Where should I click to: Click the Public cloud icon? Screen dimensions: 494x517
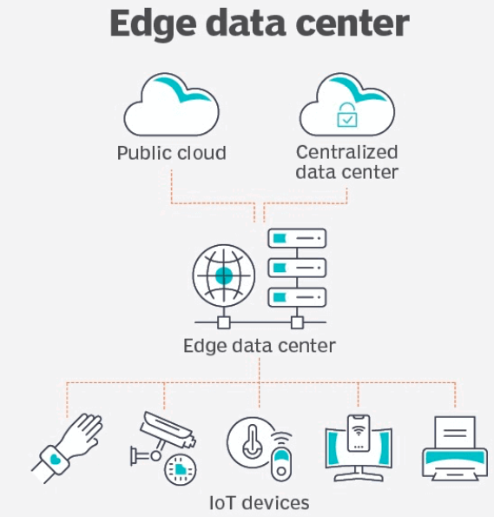[x=171, y=105]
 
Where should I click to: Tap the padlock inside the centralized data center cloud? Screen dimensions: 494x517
[x=347, y=115]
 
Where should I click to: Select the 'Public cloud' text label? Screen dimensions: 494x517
[x=172, y=153]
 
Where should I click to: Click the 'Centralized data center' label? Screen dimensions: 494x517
[x=347, y=162]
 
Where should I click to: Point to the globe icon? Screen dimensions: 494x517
[x=224, y=275]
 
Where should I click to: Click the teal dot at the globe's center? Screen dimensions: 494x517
[x=224, y=275]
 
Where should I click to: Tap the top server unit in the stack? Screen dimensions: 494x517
[x=297, y=238]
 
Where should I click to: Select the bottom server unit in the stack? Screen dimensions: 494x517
[x=297, y=297]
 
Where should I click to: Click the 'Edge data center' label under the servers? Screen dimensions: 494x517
[x=260, y=346]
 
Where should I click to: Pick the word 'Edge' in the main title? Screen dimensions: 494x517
[x=153, y=24]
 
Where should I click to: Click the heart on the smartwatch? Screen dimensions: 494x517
[x=56, y=459]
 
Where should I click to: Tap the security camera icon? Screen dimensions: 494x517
[x=162, y=435]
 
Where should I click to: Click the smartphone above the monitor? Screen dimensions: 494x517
[x=359, y=434]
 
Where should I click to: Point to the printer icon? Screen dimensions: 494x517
[x=455, y=448]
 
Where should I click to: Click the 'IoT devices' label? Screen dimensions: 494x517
[x=260, y=503]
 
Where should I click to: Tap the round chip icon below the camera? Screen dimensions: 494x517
[x=181, y=469]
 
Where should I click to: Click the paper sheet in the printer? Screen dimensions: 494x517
[x=455, y=432]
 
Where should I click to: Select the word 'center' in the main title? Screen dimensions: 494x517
[x=352, y=24]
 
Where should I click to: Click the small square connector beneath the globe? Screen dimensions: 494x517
[x=224, y=322]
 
